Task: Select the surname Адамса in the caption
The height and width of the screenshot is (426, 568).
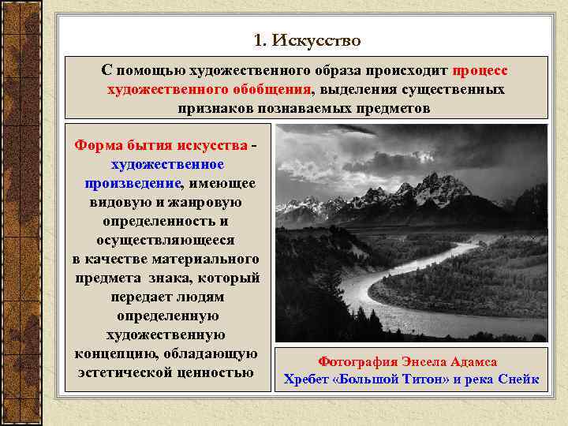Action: click(470, 361)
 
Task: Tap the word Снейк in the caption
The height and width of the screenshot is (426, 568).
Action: click(518, 379)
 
